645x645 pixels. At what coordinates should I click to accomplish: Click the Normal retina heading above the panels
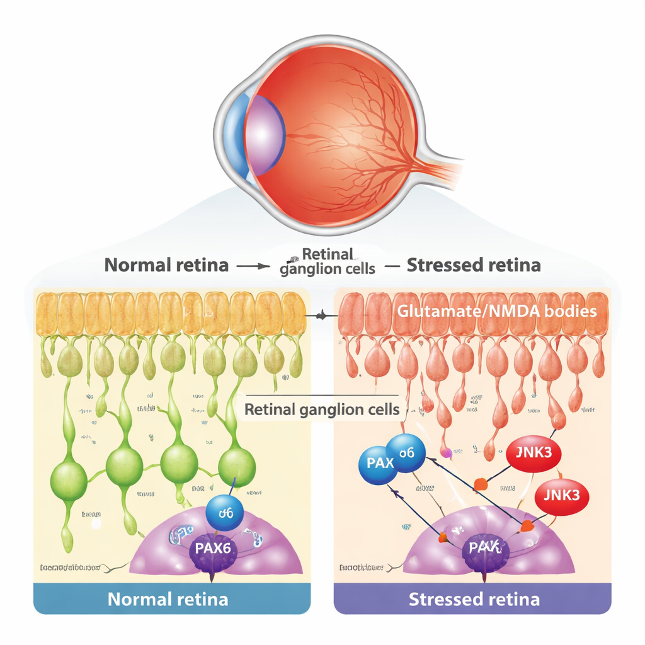166,265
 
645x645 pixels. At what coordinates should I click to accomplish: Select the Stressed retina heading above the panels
473,265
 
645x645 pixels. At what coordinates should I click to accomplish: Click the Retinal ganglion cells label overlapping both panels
321,409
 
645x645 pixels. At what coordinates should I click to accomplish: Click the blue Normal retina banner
171,598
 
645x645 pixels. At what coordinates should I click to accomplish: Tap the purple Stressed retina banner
473,598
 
